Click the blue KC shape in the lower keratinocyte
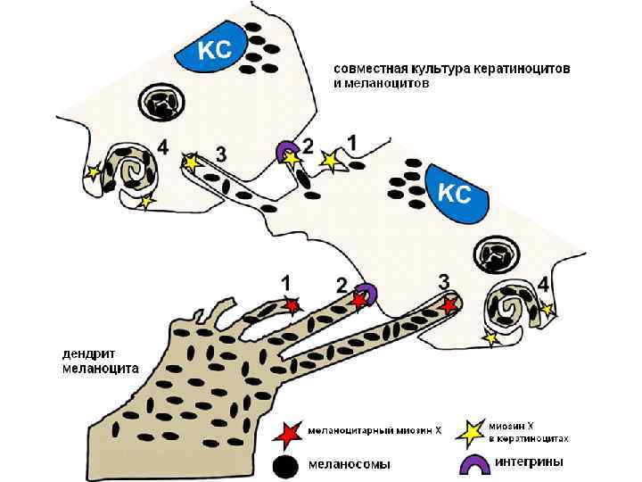click(454, 192)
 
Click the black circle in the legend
click(285, 464)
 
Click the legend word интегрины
click(535, 461)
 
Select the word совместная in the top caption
click(365, 68)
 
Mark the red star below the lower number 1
click(291, 305)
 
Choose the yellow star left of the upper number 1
click(330, 160)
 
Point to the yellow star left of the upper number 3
click(190, 162)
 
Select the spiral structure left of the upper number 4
click(133, 169)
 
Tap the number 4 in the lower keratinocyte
click(544, 282)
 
